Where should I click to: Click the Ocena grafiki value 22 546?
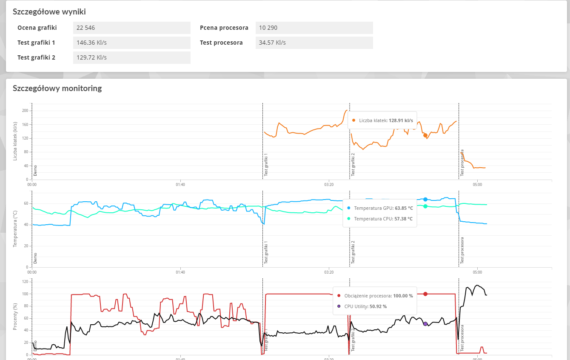point(86,28)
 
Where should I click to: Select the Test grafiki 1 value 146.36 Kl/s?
point(91,43)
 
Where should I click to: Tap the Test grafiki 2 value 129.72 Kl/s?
point(91,57)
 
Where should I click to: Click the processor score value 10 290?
point(268,28)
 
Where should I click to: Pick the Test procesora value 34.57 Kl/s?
point(272,43)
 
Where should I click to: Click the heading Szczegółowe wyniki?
point(52,12)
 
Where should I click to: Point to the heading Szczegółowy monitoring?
point(57,89)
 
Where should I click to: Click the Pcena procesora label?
point(224,28)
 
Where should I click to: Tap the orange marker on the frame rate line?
point(425,135)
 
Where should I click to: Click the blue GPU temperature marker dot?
point(425,199)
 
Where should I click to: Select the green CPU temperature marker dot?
point(425,206)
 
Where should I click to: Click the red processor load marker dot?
point(425,294)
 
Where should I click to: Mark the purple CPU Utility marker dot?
point(425,324)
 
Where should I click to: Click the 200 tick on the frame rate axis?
point(25,111)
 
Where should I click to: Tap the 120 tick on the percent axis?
point(25,282)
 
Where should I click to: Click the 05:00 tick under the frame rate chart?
point(477,185)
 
